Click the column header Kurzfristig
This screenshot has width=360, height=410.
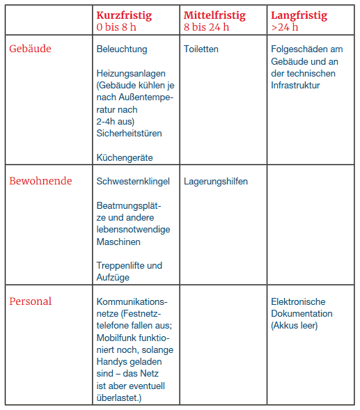124,15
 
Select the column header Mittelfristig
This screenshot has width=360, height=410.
214,15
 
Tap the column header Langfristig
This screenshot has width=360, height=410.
299,15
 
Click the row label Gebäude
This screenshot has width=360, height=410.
30,49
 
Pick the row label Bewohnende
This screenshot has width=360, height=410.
40,181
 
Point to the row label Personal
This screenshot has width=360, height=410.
30,301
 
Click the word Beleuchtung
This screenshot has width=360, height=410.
122,49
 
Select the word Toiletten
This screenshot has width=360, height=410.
201,49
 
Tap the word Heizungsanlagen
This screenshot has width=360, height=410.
130,73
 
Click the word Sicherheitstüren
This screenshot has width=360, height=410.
129,133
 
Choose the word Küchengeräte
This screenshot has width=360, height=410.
125,157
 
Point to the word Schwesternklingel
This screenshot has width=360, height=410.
133,182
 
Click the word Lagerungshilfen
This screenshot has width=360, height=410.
216,182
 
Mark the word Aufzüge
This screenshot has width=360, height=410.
113,277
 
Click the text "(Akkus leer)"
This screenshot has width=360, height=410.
295,325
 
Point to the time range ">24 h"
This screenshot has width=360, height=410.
284,28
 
